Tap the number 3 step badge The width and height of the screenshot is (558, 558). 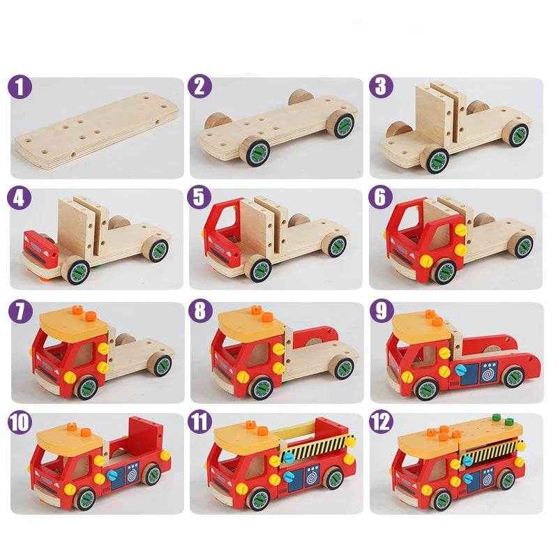[x=381, y=88]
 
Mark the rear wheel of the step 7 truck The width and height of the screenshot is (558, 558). [x=160, y=363]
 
